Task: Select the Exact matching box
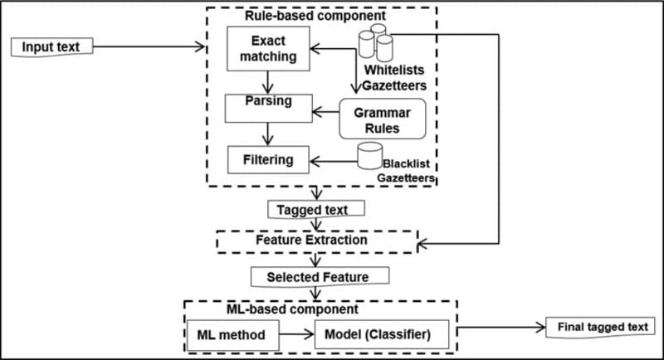tap(268, 49)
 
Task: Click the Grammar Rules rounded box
tap(382, 119)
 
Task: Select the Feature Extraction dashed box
tap(315, 240)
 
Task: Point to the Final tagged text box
tap(598, 327)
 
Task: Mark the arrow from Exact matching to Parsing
tap(267, 81)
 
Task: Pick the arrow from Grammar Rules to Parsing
tap(325, 109)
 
